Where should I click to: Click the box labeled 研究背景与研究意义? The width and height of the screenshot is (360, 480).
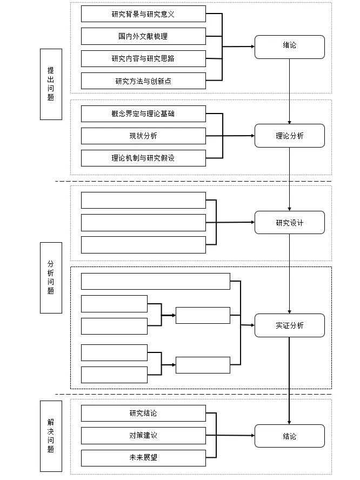143,14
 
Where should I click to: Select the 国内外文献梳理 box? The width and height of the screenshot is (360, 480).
143,36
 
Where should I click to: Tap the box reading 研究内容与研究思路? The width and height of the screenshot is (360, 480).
143,58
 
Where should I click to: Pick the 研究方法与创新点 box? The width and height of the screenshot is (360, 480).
143,81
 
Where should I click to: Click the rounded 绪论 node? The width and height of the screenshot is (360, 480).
290,47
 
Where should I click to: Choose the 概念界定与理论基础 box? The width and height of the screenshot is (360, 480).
143,114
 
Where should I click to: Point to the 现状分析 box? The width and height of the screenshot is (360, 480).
143,136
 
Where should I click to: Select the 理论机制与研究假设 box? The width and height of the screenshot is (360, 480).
143,158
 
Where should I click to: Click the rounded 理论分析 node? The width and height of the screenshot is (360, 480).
290,136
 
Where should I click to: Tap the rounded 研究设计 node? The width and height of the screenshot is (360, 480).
290,223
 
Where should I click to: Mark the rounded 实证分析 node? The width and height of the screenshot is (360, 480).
290,325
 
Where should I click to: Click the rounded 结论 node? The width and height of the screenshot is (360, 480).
290,436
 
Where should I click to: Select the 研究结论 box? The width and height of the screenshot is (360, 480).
143,414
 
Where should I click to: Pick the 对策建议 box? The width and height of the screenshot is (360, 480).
143,436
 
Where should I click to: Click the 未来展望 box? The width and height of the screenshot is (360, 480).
143,458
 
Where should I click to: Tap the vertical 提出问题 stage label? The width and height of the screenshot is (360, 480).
51,84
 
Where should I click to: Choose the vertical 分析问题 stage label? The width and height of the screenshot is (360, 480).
51,278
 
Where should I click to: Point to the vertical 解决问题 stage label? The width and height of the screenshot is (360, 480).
51,436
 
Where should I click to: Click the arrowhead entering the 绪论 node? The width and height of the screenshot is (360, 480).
253,46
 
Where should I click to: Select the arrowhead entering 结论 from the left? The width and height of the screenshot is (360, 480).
253,435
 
